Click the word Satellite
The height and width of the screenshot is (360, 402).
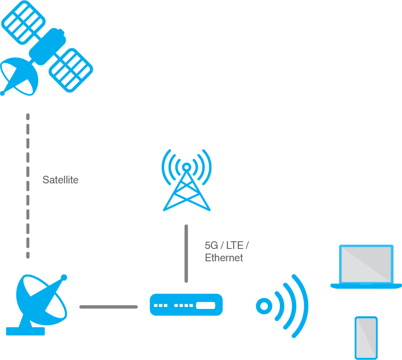tap(60, 180)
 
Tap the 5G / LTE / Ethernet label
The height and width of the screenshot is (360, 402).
tap(226, 251)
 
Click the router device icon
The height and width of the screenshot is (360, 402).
tap(186, 305)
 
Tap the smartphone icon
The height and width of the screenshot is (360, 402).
tap(366, 338)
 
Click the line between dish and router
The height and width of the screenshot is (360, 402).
tap(108, 307)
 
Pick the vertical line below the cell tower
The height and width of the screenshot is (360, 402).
tap(186, 253)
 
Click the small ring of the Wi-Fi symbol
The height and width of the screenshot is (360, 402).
tap(264, 306)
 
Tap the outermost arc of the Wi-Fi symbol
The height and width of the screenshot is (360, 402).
tap(301, 306)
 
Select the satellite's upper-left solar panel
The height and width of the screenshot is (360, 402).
tap(23, 21)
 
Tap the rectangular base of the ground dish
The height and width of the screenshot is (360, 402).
tap(26, 331)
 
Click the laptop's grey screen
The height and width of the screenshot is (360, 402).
tap(366, 264)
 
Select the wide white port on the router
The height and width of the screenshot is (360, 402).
tap(206, 305)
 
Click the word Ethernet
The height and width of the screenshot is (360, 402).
tap(224, 258)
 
